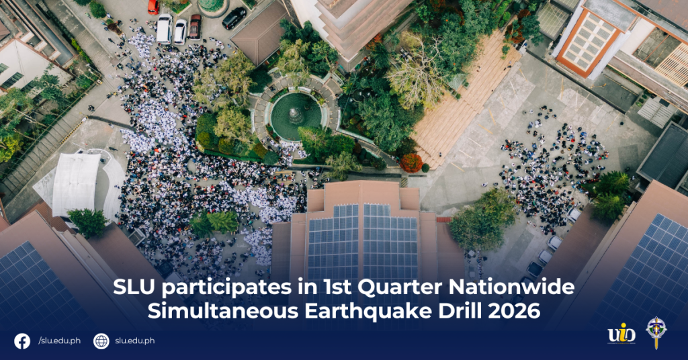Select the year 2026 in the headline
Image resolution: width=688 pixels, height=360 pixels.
(517, 311)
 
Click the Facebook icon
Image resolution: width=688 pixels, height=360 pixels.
(22, 341)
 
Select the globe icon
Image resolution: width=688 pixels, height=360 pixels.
(101, 341)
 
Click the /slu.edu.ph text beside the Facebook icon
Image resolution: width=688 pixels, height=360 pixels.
(59, 341)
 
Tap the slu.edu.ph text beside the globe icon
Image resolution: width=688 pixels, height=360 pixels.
(134, 341)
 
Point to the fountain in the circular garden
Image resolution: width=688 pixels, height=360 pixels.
(295, 114)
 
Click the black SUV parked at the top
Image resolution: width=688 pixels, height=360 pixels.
(234, 18)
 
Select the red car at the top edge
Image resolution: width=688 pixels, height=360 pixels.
(153, 7)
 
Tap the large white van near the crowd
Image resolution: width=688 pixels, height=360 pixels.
(164, 28)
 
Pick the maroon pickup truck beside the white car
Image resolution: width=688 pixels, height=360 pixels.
(195, 27)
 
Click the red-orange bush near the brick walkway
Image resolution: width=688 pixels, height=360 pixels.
(411, 163)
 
